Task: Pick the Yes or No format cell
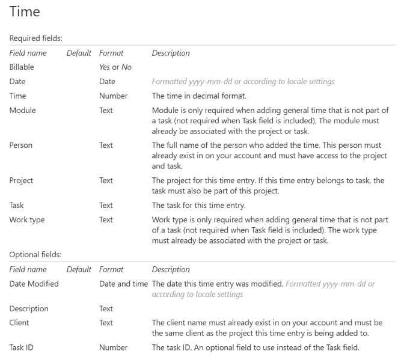point(115,67)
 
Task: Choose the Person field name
point(22,145)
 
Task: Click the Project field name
point(22,180)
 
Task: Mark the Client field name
point(21,322)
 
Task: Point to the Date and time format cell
point(123,284)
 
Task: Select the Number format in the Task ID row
point(113,347)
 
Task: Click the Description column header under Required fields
point(170,53)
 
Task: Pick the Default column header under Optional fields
point(79,269)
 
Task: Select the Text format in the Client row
point(106,322)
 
